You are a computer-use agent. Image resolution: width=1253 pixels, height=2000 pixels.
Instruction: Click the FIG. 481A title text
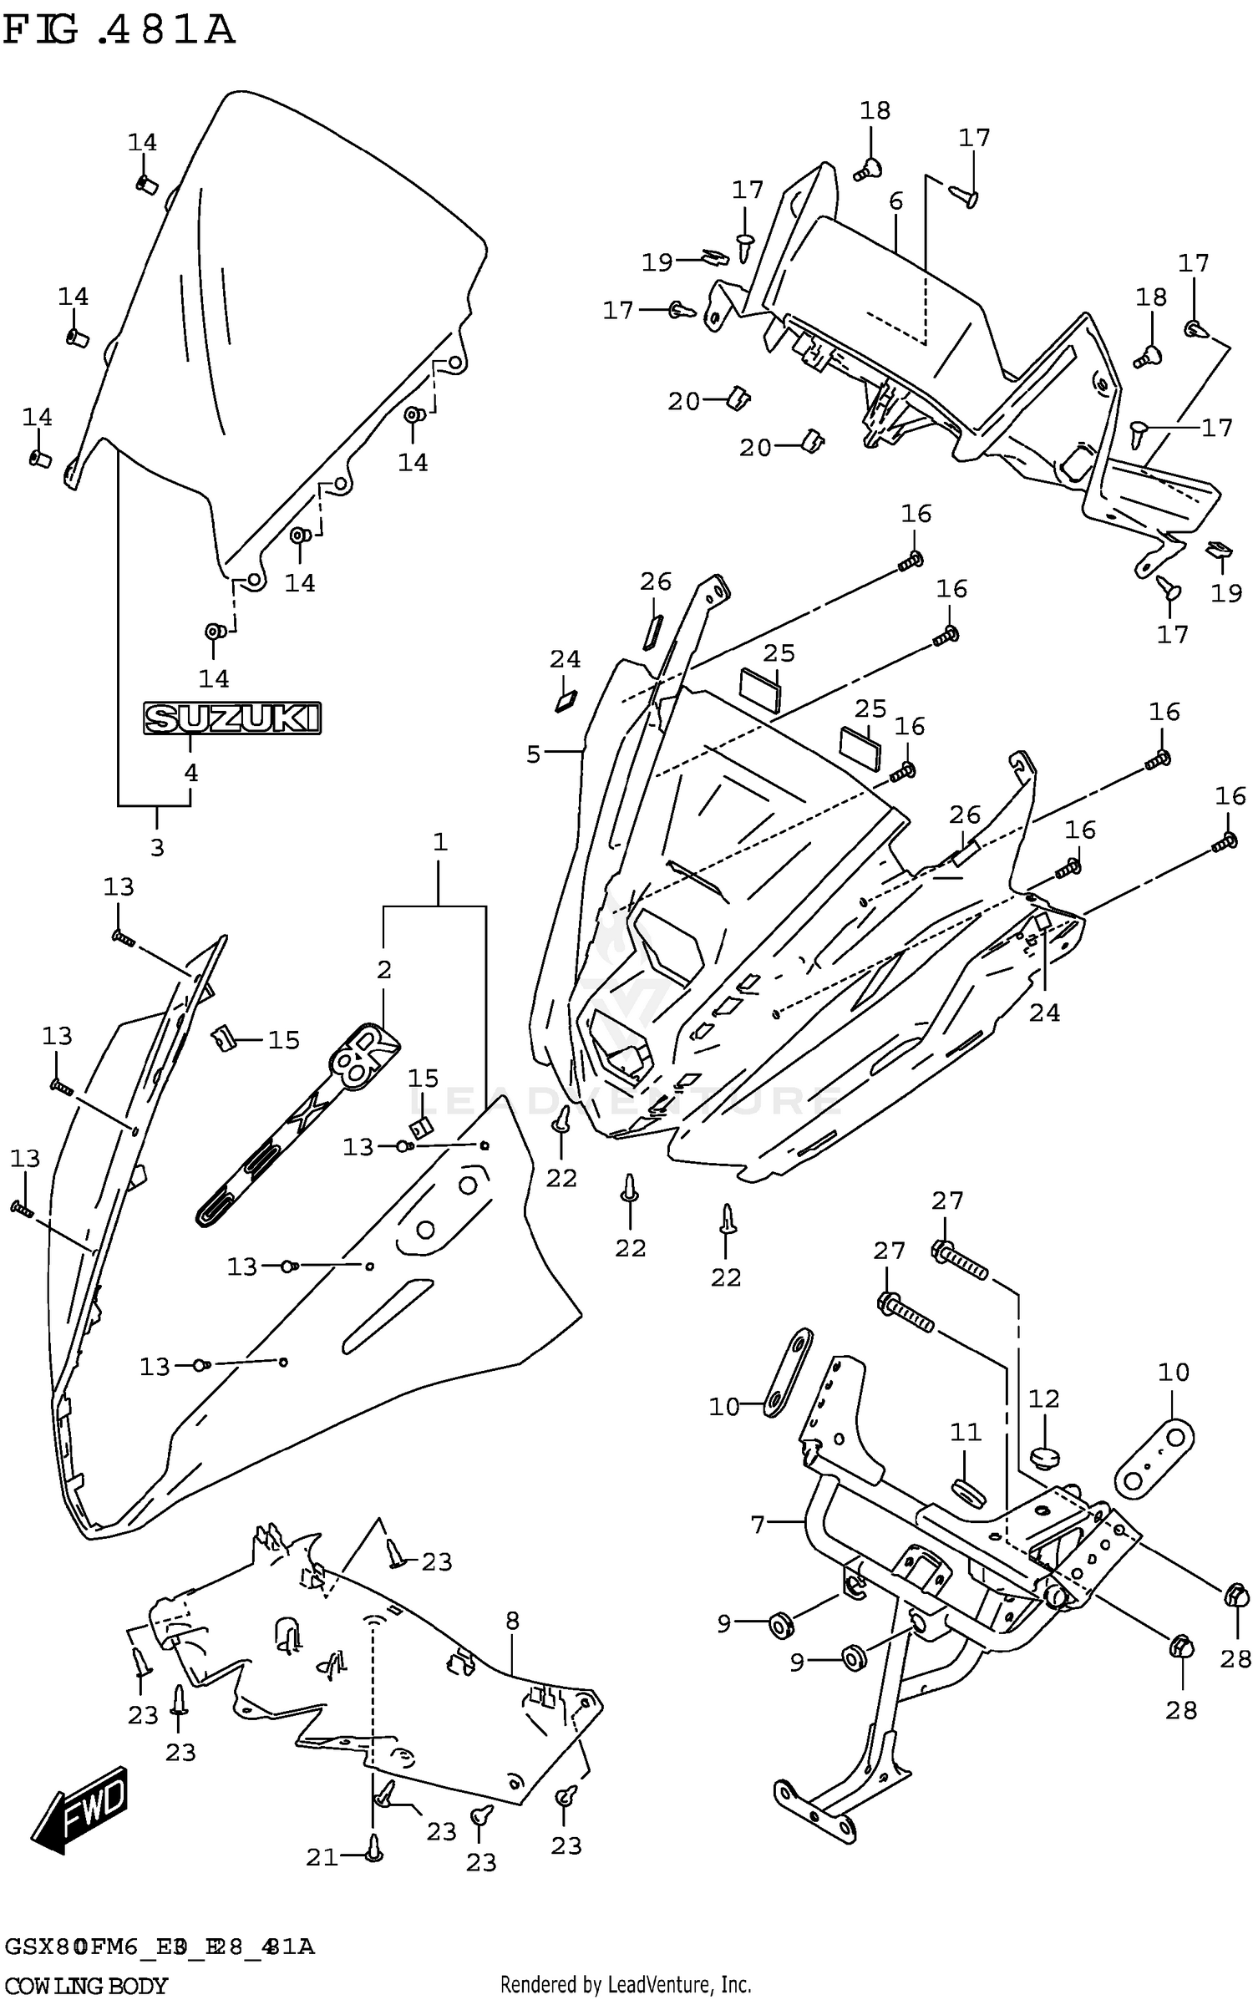click(119, 31)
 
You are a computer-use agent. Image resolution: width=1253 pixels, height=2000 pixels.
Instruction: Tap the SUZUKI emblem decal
click(232, 718)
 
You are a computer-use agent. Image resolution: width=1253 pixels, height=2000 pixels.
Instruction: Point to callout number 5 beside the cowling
click(534, 754)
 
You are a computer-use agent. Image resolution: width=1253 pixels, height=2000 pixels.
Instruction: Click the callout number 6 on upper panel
click(895, 201)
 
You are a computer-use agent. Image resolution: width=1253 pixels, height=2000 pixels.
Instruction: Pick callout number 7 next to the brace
click(758, 1525)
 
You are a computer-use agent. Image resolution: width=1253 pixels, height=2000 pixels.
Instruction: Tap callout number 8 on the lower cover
click(512, 1620)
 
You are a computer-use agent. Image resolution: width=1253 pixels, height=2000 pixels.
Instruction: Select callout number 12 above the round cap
click(1043, 1398)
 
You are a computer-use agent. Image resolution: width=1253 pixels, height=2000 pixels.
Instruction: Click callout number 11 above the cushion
click(966, 1432)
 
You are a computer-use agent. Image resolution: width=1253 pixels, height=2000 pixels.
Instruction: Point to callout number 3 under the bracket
click(157, 847)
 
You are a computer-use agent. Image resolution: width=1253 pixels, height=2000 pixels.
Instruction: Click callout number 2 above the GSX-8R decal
click(383, 970)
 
